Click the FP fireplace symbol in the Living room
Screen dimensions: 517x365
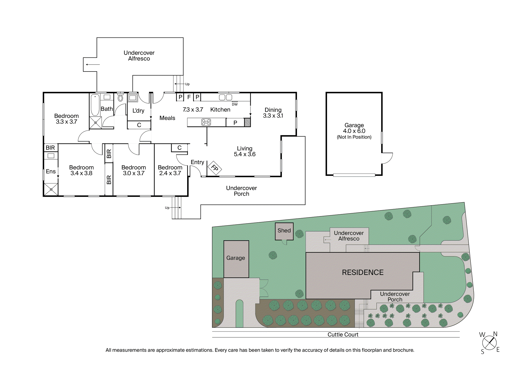point(215,168)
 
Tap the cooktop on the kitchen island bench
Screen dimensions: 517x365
point(206,122)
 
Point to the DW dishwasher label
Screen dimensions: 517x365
point(235,104)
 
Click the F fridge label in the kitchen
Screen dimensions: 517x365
point(189,97)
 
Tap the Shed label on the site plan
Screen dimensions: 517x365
point(284,231)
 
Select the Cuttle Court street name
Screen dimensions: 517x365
point(343,335)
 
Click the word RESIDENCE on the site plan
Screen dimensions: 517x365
point(363,272)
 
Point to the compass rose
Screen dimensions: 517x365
point(489,343)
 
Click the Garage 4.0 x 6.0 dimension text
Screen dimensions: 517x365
point(354,131)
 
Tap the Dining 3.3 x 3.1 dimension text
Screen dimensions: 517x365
point(273,116)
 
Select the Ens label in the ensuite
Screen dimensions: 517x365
point(51,171)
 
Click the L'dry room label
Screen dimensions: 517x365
point(138,111)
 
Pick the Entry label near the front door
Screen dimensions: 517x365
point(197,162)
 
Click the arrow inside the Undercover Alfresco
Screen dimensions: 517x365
point(93,65)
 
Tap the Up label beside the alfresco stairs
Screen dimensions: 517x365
point(187,84)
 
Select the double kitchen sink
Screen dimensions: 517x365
point(225,97)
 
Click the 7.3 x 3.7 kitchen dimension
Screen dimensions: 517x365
point(193,109)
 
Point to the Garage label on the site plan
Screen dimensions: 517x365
point(235,258)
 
